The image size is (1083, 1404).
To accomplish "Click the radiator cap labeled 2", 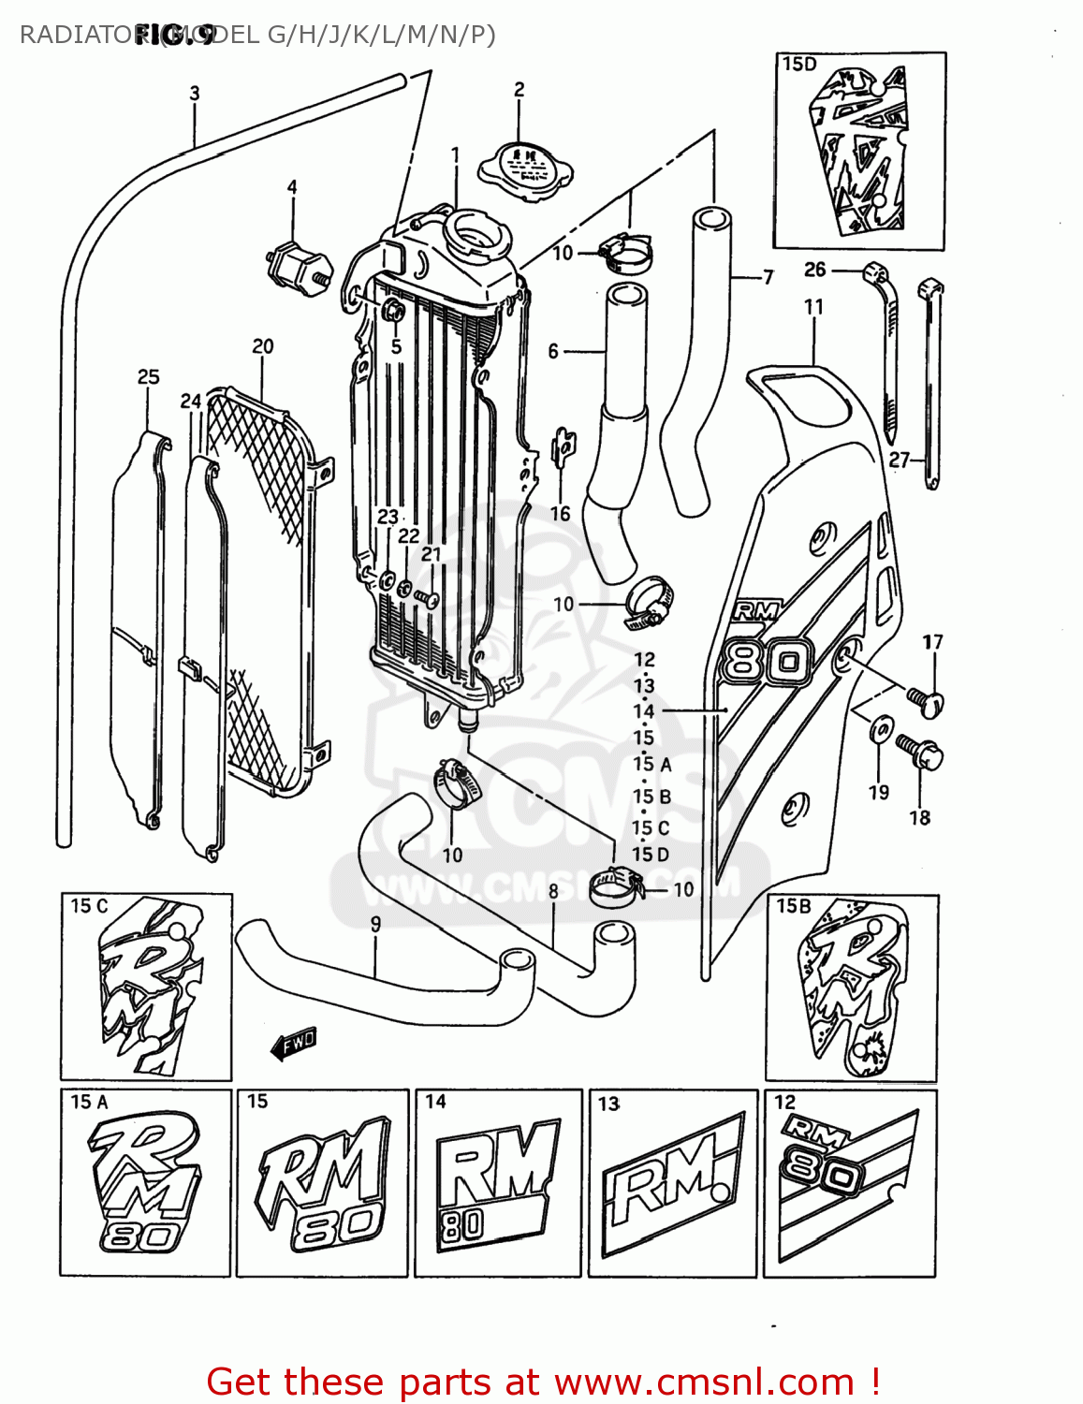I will [525, 168].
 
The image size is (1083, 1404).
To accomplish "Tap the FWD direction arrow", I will [294, 1043].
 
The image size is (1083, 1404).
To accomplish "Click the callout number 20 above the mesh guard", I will [263, 346].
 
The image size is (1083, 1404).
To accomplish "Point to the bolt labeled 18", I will [921, 752].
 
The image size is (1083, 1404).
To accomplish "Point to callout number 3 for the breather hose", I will [195, 94].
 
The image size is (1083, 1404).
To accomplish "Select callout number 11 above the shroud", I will [813, 307].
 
